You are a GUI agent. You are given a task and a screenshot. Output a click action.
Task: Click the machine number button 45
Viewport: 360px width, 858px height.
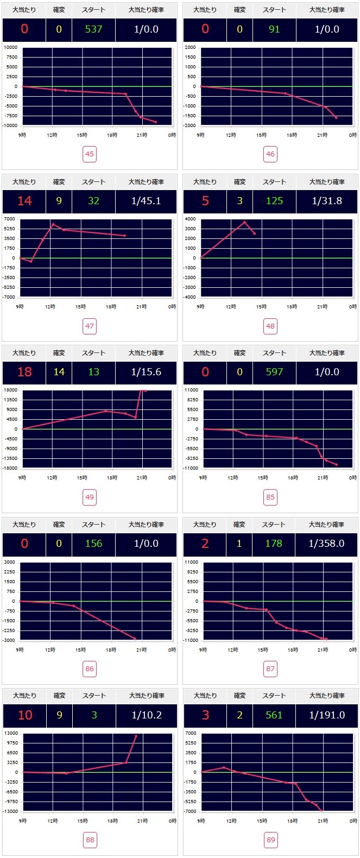click(x=90, y=154)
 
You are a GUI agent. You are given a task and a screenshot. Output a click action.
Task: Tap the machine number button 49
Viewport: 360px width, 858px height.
click(x=90, y=497)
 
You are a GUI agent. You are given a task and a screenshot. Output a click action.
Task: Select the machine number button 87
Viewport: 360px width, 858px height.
click(x=270, y=668)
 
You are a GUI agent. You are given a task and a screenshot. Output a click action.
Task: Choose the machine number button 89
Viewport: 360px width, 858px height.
click(x=270, y=840)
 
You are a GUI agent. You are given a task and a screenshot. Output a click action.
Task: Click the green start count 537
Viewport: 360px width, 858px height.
click(x=93, y=29)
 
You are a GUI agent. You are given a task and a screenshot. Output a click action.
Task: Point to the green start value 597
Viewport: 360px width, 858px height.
click(x=274, y=372)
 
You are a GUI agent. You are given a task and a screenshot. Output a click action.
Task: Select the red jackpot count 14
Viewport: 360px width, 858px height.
click(x=24, y=201)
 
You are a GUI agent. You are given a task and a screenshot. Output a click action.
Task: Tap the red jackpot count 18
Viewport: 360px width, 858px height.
click(x=24, y=372)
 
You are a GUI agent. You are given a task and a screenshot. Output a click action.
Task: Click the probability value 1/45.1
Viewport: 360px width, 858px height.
click(x=146, y=201)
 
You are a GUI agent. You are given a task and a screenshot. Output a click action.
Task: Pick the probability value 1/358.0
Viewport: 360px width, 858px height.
click(x=326, y=544)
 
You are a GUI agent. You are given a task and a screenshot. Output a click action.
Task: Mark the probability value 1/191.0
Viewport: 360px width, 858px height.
click(x=327, y=715)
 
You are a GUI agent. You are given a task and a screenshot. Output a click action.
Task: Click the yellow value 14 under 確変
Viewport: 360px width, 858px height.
click(x=59, y=372)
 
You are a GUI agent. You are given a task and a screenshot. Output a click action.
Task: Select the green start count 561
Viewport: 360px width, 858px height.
click(x=274, y=715)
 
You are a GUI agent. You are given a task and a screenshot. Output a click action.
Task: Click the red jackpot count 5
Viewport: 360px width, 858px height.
click(x=205, y=201)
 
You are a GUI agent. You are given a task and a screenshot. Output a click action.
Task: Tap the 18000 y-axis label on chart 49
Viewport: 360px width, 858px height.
click(x=11, y=390)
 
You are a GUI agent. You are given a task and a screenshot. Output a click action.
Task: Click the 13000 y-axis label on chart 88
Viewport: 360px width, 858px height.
click(x=11, y=733)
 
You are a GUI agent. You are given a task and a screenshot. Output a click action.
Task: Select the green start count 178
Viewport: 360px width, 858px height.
click(x=274, y=544)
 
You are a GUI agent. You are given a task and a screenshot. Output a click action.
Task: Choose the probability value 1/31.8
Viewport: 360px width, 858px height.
click(x=327, y=201)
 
